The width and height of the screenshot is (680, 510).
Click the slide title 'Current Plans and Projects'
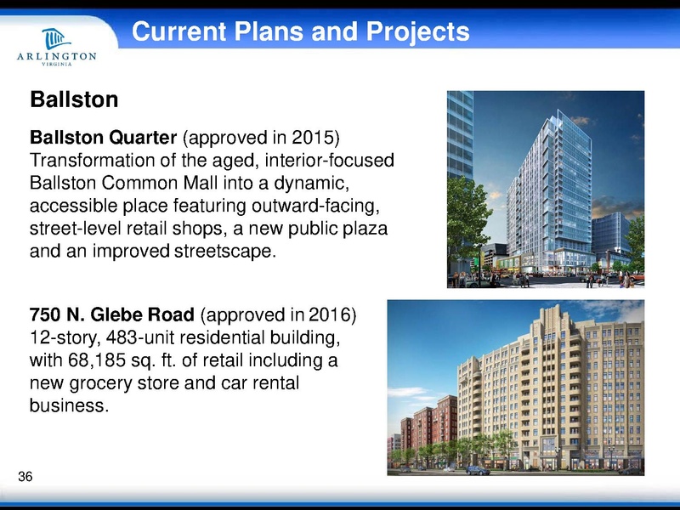301,32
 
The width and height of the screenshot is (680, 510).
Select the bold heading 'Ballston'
73,99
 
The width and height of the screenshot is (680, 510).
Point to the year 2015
322,138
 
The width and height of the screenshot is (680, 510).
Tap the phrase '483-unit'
128,338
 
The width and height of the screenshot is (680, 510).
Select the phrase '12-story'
58,338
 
